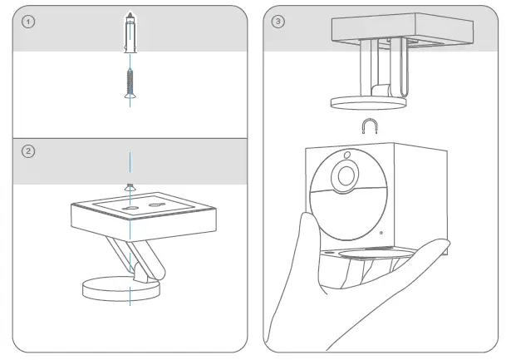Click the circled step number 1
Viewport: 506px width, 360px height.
coord(29,22)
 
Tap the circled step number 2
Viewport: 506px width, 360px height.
coord(29,151)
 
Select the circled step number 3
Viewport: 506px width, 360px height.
coord(279,22)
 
